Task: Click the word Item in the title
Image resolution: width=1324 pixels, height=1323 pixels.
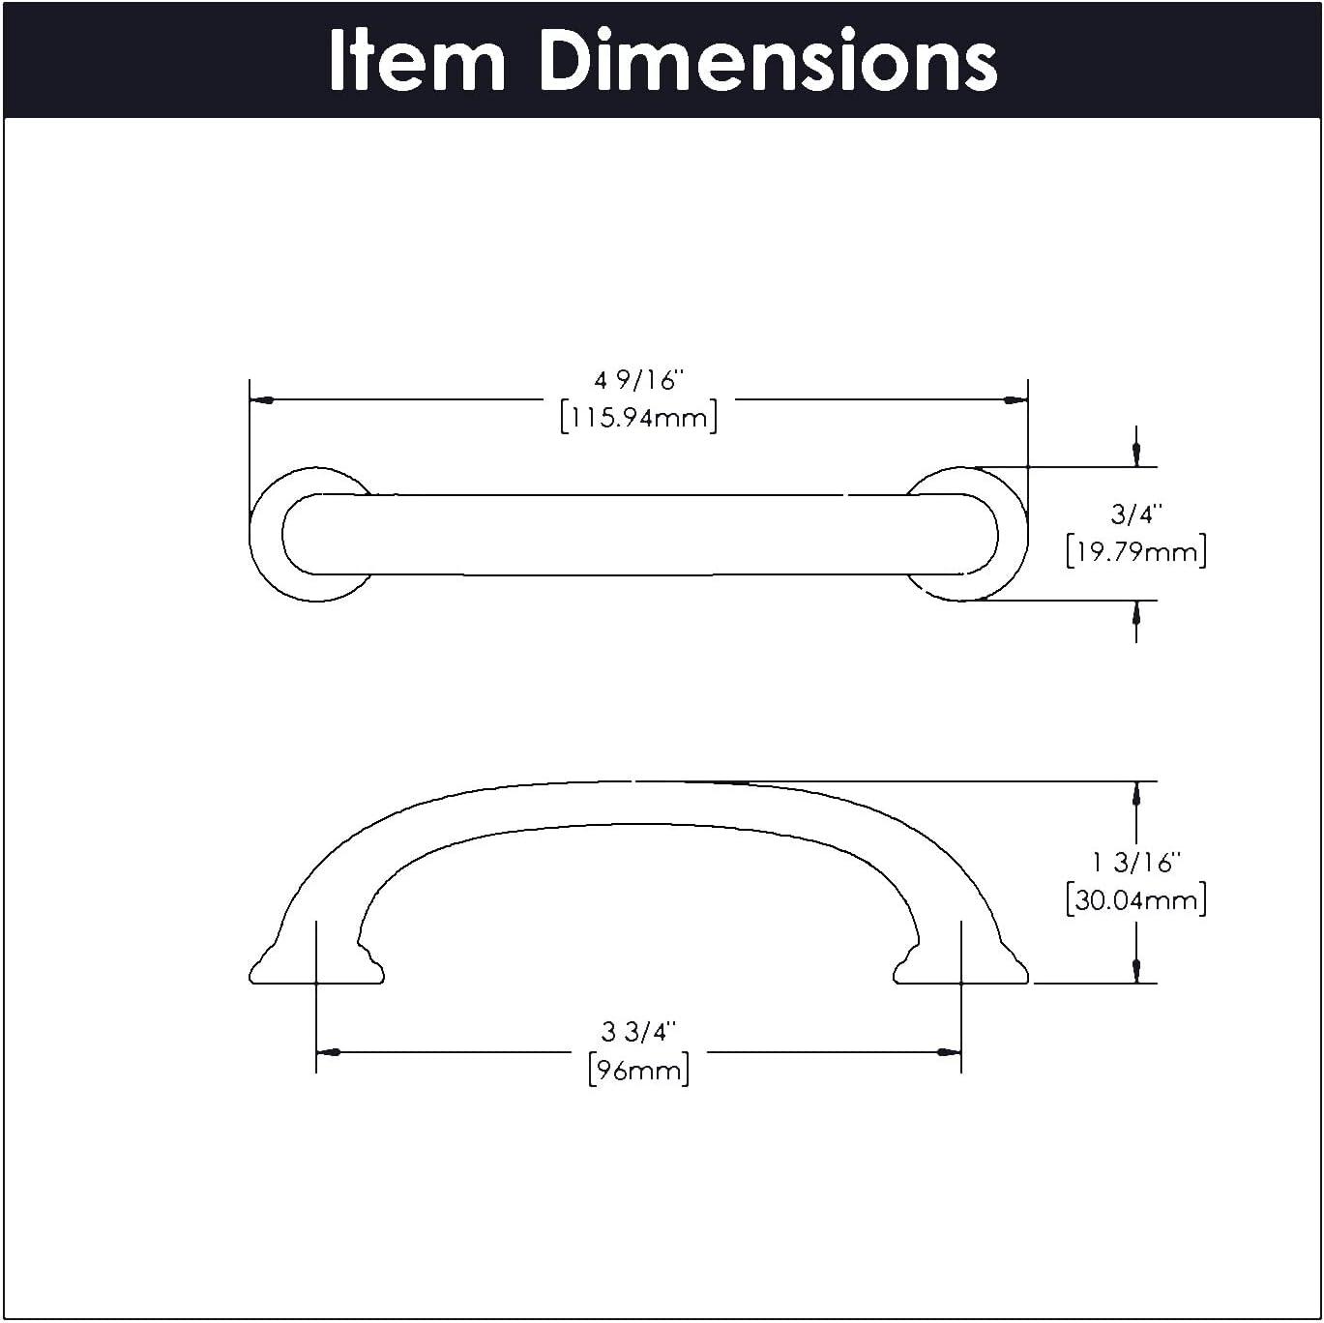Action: click(x=417, y=61)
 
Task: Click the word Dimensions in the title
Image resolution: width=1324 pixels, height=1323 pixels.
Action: click(x=767, y=61)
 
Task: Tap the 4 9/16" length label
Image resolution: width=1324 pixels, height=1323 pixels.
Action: click(x=638, y=380)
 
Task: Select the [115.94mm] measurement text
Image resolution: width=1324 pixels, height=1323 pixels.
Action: click(x=638, y=419)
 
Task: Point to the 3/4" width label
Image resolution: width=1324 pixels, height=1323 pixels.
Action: click(x=1136, y=514)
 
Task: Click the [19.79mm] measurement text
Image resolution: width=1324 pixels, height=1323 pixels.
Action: click(x=1136, y=552)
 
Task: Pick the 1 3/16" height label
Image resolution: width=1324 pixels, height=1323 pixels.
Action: click(x=1136, y=861)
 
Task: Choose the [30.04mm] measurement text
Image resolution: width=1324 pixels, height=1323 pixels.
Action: click(x=1136, y=900)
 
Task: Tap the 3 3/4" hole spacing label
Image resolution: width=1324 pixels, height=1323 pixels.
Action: click(x=638, y=1032)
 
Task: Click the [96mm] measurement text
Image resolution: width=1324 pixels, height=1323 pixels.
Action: click(x=638, y=1071)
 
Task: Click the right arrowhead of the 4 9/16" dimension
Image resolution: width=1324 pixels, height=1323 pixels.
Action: click(x=1015, y=399)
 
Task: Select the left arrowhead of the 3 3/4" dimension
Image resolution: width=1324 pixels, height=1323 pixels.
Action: click(x=329, y=1052)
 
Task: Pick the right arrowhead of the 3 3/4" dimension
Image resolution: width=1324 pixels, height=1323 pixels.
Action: click(x=949, y=1052)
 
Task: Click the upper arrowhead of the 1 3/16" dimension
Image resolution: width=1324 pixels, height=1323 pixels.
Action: click(x=1136, y=794)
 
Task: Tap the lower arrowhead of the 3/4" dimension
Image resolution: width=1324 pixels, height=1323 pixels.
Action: click(x=1136, y=613)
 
